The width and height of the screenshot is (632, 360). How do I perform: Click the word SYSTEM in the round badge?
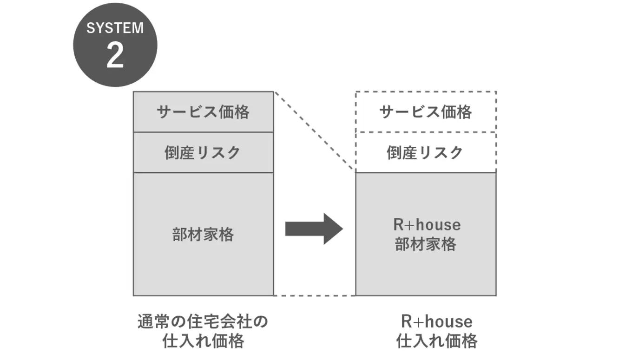coord(115,28)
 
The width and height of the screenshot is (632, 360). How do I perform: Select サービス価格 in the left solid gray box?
coord(203,112)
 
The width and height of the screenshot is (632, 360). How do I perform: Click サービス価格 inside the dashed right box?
coord(425,112)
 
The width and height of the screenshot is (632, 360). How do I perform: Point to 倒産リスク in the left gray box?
coord(203,152)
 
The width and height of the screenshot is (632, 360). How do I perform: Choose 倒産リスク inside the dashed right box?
coord(425,152)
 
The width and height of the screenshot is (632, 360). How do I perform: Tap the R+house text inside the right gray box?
coord(427,225)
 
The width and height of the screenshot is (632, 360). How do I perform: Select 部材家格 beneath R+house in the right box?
coord(425,244)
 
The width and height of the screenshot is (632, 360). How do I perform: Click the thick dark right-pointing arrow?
coord(314,229)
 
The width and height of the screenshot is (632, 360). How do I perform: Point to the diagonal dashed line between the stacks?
coord(315,131)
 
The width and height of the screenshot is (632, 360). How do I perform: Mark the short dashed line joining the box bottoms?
coord(315,295)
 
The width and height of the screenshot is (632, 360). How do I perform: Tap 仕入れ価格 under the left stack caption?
coord(203,342)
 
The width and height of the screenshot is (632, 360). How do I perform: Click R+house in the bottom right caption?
coord(436,322)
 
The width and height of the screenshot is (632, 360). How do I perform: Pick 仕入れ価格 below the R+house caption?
coord(436,342)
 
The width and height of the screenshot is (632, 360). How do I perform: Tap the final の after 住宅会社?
coord(262,322)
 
